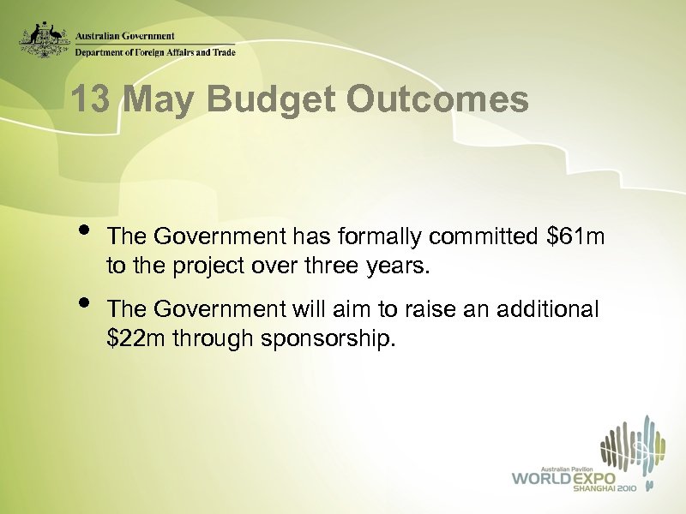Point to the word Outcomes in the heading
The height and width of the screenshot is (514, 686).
pos(437,100)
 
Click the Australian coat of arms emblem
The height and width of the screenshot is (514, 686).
pos(45,39)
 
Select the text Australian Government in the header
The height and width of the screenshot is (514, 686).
pos(125,37)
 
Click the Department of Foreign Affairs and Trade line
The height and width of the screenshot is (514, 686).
pos(154,51)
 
